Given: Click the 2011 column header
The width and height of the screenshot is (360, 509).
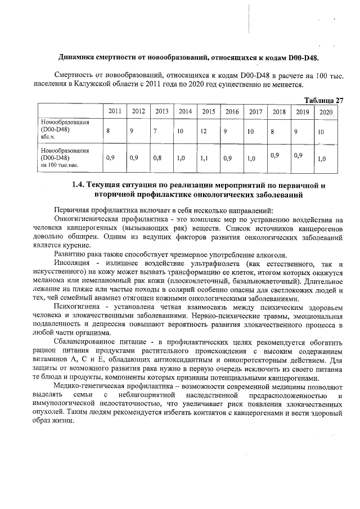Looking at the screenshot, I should tap(114, 111).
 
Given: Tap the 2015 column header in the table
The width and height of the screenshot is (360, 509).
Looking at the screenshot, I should tap(208, 111).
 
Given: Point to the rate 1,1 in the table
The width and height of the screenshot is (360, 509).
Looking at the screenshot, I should tap(204, 159).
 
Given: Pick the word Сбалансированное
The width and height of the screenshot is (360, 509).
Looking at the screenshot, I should tap(86, 344).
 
